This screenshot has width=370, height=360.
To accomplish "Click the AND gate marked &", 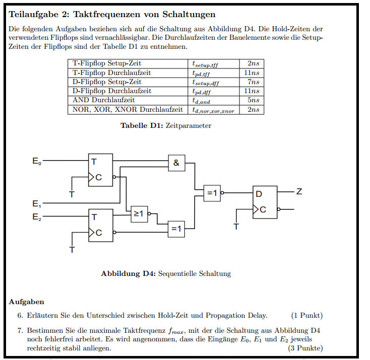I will [176, 163].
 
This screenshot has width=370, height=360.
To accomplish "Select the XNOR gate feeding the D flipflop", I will [212, 193].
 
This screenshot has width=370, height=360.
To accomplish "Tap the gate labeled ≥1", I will [139, 214].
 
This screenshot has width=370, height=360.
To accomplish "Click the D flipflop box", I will [265, 202].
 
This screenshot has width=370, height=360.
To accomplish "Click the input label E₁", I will [37, 204].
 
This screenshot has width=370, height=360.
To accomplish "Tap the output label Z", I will [299, 192].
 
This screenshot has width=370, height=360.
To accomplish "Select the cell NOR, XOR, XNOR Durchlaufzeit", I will [128, 109].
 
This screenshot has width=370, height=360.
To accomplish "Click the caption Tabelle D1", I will [142, 125].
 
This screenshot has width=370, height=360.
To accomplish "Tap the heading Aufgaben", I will [26, 302].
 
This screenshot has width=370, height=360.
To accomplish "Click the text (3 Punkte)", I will [305, 348].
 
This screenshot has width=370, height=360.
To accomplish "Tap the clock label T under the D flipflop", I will [236, 227].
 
